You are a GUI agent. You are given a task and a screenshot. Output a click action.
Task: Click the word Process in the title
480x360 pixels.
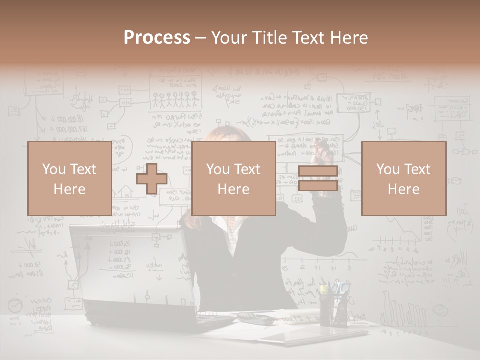pyautogui.click(x=157, y=38)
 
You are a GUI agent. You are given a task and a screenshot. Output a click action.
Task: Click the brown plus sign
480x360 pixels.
pyautogui.click(x=151, y=179)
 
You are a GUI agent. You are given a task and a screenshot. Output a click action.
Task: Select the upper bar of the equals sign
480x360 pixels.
pyautogui.click(x=318, y=171)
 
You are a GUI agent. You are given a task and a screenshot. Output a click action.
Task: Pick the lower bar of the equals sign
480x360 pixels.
pyautogui.click(x=318, y=186)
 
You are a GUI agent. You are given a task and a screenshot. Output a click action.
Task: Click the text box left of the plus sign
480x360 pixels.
pyautogui.click(x=69, y=178)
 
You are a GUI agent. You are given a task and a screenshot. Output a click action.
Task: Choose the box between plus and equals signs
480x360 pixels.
pyautogui.click(x=233, y=178)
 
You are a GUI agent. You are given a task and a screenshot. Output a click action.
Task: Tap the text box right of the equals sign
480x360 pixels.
pyautogui.click(x=403, y=178)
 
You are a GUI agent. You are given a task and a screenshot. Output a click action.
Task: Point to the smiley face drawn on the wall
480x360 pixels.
pyautogui.click(x=439, y=310)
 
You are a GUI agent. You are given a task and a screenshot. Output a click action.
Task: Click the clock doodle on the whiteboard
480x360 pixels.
pyautogui.click(x=16, y=305)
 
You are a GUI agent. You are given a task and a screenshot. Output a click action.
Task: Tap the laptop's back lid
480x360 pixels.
pyautogui.click(x=130, y=270)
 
